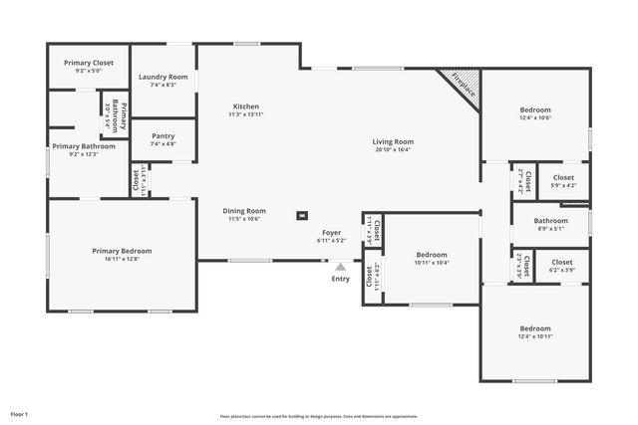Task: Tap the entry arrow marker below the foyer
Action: click(341, 267)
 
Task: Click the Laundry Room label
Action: click(163, 77)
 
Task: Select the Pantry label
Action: click(163, 136)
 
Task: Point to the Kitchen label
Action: click(246, 106)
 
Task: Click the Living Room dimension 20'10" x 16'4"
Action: click(393, 150)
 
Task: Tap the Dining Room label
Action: click(244, 210)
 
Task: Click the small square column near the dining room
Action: click(302, 214)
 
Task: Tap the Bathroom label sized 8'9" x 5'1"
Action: click(550, 221)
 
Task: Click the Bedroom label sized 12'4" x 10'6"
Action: click(534, 109)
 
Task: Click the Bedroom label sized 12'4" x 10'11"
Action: click(534, 328)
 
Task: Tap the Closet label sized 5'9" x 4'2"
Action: click(562, 177)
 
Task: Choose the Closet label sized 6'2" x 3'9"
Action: click(562, 262)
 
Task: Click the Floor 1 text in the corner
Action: click(20, 413)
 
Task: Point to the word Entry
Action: click(341, 279)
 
